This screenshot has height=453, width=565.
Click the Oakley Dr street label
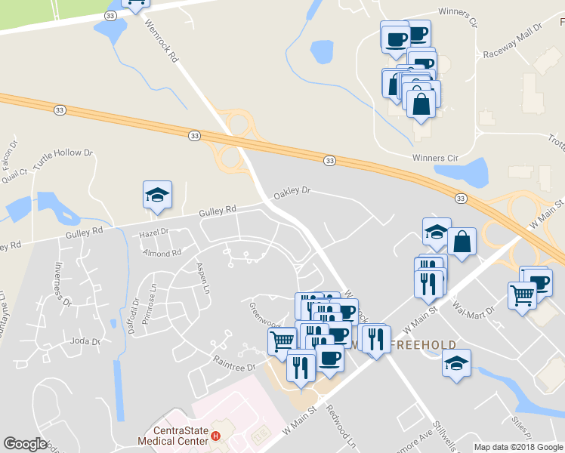coord(292,192)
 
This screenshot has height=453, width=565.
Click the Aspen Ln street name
coord(202,278)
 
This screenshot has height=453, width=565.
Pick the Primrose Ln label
coord(153,299)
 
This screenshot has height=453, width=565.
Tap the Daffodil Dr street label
coord(135,316)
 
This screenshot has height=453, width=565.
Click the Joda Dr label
coord(85,341)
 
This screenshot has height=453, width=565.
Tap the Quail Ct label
coord(16,176)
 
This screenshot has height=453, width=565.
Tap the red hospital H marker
coord(216,436)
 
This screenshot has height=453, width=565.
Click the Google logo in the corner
coord(25,444)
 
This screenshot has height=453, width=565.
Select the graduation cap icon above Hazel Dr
coord(158,196)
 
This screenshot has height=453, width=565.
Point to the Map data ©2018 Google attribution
coord(518,447)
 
